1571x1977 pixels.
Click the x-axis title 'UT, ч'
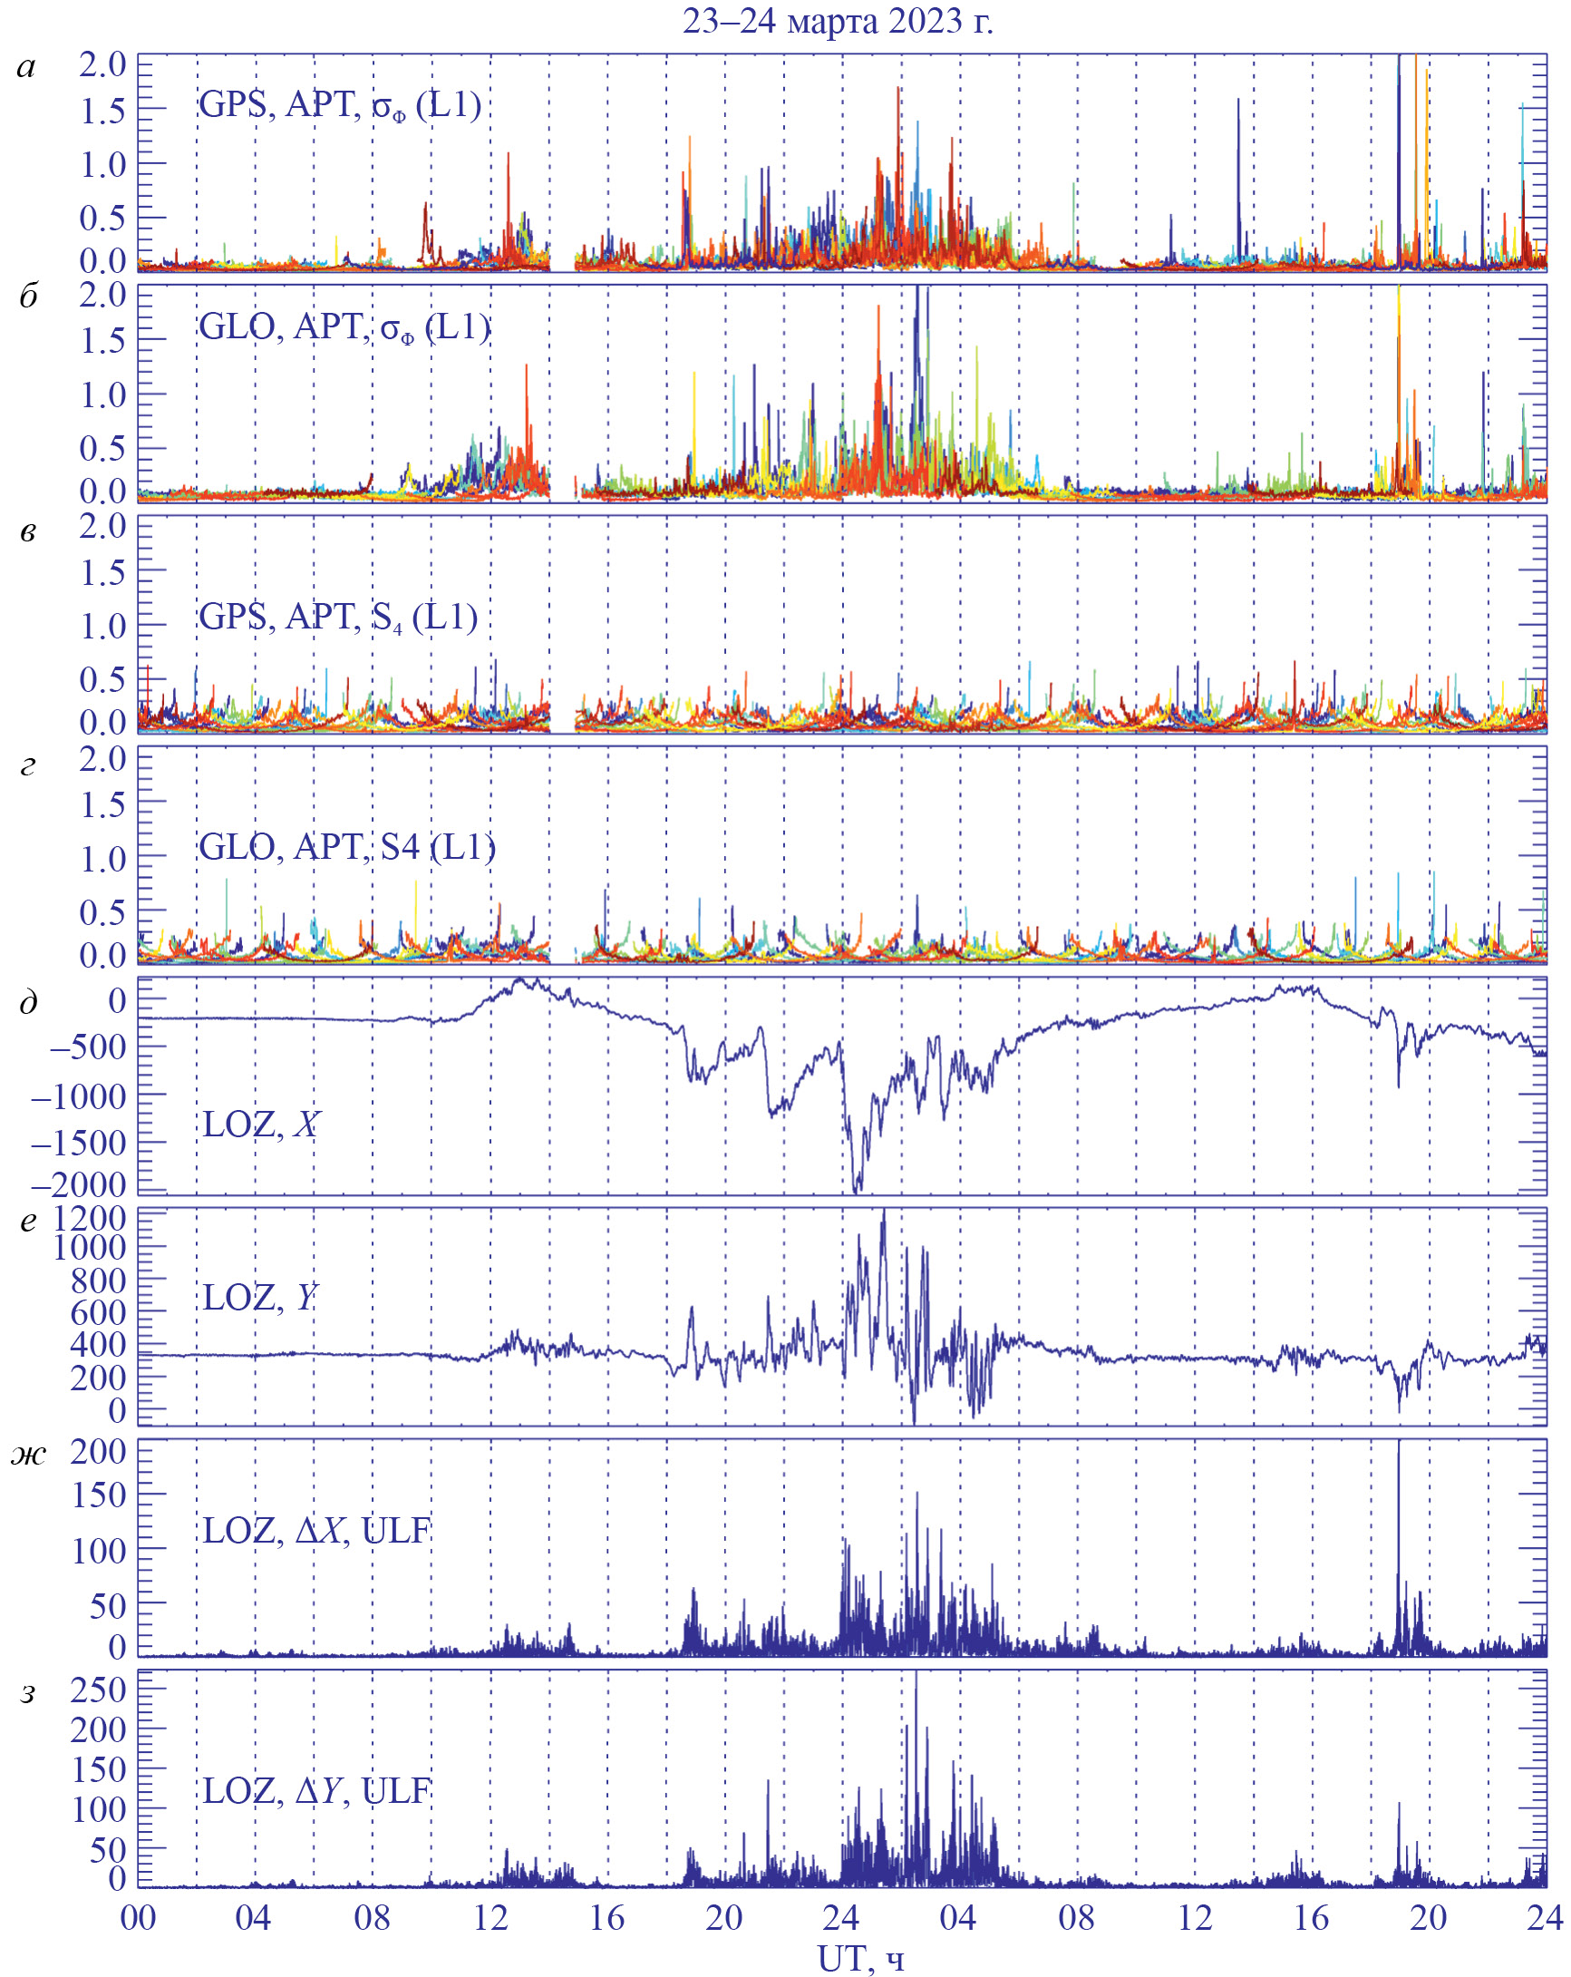[x=859, y=1959]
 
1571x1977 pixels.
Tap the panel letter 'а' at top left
[x=26, y=67]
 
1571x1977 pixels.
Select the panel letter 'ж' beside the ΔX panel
[x=28, y=1456]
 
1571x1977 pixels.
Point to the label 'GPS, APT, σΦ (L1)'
[x=340, y=104]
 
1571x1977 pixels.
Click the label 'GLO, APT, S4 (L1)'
[x=347, y=847]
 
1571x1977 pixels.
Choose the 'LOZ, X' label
[x=260, y=1125]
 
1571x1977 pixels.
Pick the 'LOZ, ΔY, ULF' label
[x=316, y=1790]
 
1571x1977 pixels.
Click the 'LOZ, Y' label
[x=259, y=1298]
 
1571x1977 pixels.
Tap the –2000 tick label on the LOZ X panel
[x=79, y=1184]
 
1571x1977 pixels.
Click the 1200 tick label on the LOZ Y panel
[x=89, y=1219]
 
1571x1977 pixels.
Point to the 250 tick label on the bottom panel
[x=98, y=1690]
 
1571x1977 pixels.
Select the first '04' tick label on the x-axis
[x=254, y=1917]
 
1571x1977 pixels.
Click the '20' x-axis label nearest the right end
[x=1428, y=1917]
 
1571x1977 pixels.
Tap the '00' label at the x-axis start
[x=139, y=1917]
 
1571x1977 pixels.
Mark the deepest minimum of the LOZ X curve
[x=857, y=1190]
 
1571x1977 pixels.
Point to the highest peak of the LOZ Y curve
[x=884, y=1212]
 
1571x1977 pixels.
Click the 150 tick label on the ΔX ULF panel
[x=98, y=1495]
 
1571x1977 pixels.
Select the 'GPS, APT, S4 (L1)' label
[x=338, y=617]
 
